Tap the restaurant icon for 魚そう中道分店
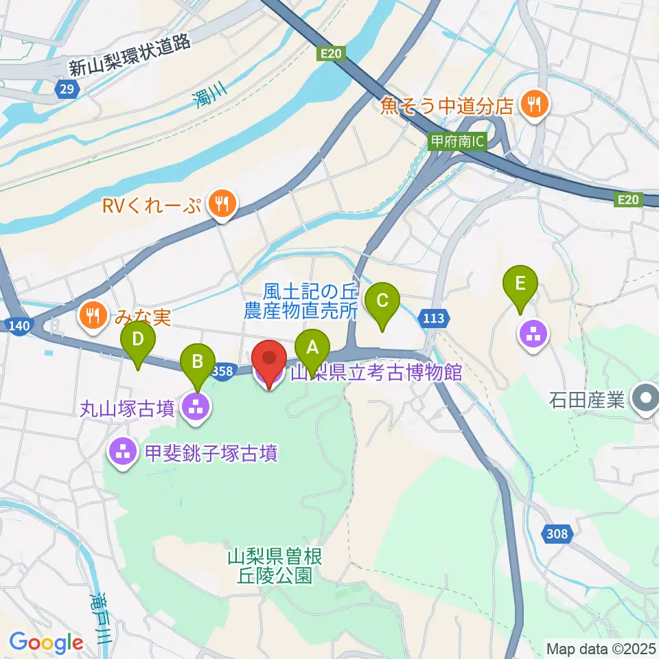point(533,104)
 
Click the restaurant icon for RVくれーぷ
point(221,203)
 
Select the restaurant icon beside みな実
point(92,315)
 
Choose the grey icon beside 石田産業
point(645,397)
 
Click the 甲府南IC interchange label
point(456,141)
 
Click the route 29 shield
point(66,89)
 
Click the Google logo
point(45,643)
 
